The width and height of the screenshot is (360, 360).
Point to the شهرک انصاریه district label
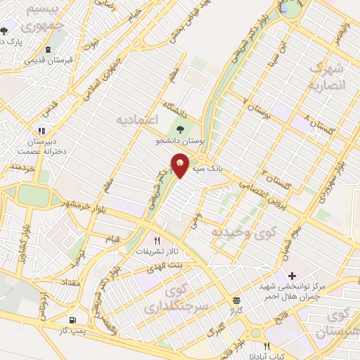(x=327, y=77)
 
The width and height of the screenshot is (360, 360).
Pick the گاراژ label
(x=235, y=309)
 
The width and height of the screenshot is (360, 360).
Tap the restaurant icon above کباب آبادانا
(x=266, y=346)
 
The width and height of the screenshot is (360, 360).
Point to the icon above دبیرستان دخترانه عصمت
(x=41, y=130)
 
